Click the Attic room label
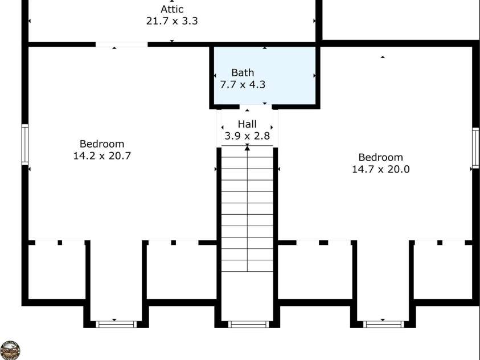[172, 9]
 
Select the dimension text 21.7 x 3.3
[172, 21]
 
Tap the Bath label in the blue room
[243, 72]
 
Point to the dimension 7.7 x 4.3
[243, 84]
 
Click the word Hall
[247, 124]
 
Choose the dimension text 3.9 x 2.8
[247, 136]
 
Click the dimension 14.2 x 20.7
[102, 156]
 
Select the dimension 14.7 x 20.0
[380, 169]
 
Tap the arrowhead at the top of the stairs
[247, 148]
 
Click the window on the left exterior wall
[25, 145]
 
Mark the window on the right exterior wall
[475, 148]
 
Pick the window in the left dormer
[116, 324]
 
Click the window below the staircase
[249, 324]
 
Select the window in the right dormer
[384, 324]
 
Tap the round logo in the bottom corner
[10, 350]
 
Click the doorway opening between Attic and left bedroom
[121, 44]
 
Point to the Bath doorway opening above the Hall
[256, 107]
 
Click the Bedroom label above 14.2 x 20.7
[102, 144]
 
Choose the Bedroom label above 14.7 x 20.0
[380, 157]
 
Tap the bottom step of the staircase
[247, 265]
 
